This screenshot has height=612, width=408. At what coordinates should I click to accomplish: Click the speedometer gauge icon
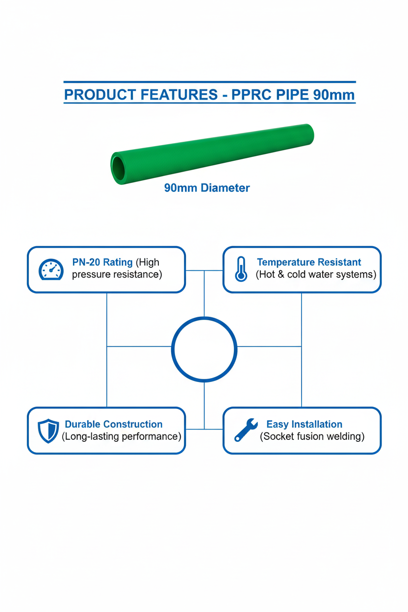[x=51, y=269]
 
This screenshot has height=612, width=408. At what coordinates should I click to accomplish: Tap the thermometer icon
[x=241, y=269]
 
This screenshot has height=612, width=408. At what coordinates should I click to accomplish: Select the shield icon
[x=49, y=431]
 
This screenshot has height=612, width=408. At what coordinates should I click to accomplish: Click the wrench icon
[x=246, y=430]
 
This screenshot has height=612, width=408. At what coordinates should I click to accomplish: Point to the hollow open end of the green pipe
[x=118, y=168]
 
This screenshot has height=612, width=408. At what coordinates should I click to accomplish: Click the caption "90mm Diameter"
[x=207, y=188]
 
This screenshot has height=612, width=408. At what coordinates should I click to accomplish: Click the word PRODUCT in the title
[x=100, y=95]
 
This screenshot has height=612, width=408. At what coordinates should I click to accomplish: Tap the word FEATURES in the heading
[x=179, y=95]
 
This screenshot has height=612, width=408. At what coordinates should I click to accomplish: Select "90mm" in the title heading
[x=333, y=95]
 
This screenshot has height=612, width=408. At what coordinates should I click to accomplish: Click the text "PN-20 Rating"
[x=102, y=262]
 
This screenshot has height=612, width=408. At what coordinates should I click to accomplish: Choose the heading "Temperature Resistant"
[x=309, y=262]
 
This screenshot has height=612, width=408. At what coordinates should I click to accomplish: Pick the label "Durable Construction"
[x=114, y=424]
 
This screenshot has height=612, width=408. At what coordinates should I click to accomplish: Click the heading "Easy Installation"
[x=305, y=424]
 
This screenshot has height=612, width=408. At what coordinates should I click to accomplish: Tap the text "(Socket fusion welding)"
[x=312, y=436]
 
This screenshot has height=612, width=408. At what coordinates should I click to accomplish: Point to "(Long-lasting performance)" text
[x=121, y=436]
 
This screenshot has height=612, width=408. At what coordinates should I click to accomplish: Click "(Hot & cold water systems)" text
[x=316, y=275]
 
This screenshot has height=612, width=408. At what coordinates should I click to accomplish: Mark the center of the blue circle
[x=204, y=350]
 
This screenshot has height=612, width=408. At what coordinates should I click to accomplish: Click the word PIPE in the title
[x=292, y=95]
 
